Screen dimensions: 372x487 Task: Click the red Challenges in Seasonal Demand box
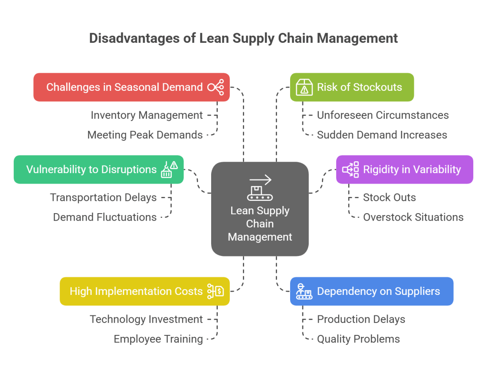coord(131,87)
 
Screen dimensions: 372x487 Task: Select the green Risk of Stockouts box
coord(352,87)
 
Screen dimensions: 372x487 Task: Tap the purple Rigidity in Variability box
coord(404,169)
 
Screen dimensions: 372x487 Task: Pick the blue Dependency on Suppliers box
coord(371,291)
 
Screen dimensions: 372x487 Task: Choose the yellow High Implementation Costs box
coord(145,291)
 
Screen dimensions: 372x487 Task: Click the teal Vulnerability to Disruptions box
coord(98,169)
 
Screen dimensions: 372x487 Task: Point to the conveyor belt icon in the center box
coord(260,188)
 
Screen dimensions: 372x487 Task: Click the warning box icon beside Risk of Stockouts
coord(304,88)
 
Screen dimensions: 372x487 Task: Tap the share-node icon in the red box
coord(215,88)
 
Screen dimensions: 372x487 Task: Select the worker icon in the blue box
coord(304,291)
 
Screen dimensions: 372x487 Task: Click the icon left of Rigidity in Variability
coord(351,170)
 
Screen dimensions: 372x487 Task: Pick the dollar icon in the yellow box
coord(215,291)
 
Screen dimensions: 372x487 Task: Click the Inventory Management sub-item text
coord(146,115)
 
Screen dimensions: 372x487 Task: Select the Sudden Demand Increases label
coord(382,135)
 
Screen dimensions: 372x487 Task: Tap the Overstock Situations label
coord(413,217)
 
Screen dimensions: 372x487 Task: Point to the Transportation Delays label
coord(103,197)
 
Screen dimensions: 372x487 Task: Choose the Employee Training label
coord(158,339)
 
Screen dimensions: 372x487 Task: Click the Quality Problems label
coord(358,339)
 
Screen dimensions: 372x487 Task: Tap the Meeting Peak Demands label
coord(145,135)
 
